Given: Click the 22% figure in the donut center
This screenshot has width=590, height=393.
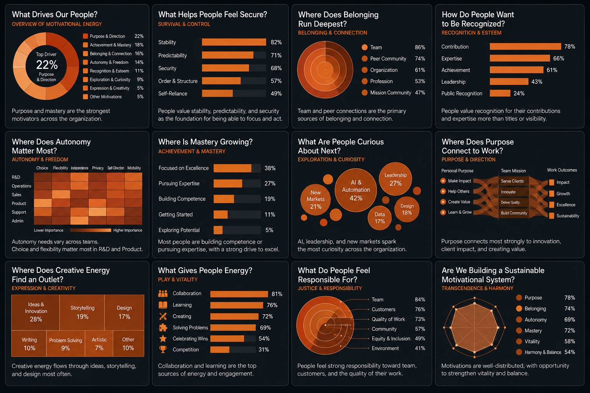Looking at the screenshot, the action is pos(46,65).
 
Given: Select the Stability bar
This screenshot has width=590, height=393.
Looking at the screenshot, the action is pos(234,42).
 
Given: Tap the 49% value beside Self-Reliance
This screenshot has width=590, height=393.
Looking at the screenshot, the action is pos(276,93).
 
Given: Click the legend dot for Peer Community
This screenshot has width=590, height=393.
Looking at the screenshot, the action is pos(365,59).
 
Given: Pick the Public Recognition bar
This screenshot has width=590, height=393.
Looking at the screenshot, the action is pos(500,93).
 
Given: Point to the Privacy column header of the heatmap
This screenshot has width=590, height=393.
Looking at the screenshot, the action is pos(98,168).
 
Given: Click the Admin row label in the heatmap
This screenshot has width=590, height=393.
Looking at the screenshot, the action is pos(18,221).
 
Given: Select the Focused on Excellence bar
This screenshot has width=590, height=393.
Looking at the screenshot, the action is pos(232,168).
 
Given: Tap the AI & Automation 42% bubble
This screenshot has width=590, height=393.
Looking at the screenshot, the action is pos(356,190).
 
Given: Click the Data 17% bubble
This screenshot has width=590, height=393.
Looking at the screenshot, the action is pos(380,218).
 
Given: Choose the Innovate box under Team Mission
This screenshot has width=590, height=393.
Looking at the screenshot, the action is pos(513,192).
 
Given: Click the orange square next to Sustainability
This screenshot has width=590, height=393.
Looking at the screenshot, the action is pos(552,216).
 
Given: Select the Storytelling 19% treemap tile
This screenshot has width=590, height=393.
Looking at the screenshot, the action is pos(82,312).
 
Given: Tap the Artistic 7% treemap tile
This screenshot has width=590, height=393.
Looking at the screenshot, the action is pos(99,344).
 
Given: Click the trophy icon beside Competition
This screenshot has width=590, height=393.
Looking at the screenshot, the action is pos(163,350).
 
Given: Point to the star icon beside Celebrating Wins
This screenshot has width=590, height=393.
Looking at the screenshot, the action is pos(163,339).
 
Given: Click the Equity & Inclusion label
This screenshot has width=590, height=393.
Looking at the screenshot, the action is pos(391,339).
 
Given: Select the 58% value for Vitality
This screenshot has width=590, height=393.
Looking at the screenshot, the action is pos(570,342).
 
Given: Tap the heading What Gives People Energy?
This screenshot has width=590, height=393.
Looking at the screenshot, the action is pos(205,270).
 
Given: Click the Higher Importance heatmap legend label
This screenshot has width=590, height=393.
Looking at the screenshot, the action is pos(128,230).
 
